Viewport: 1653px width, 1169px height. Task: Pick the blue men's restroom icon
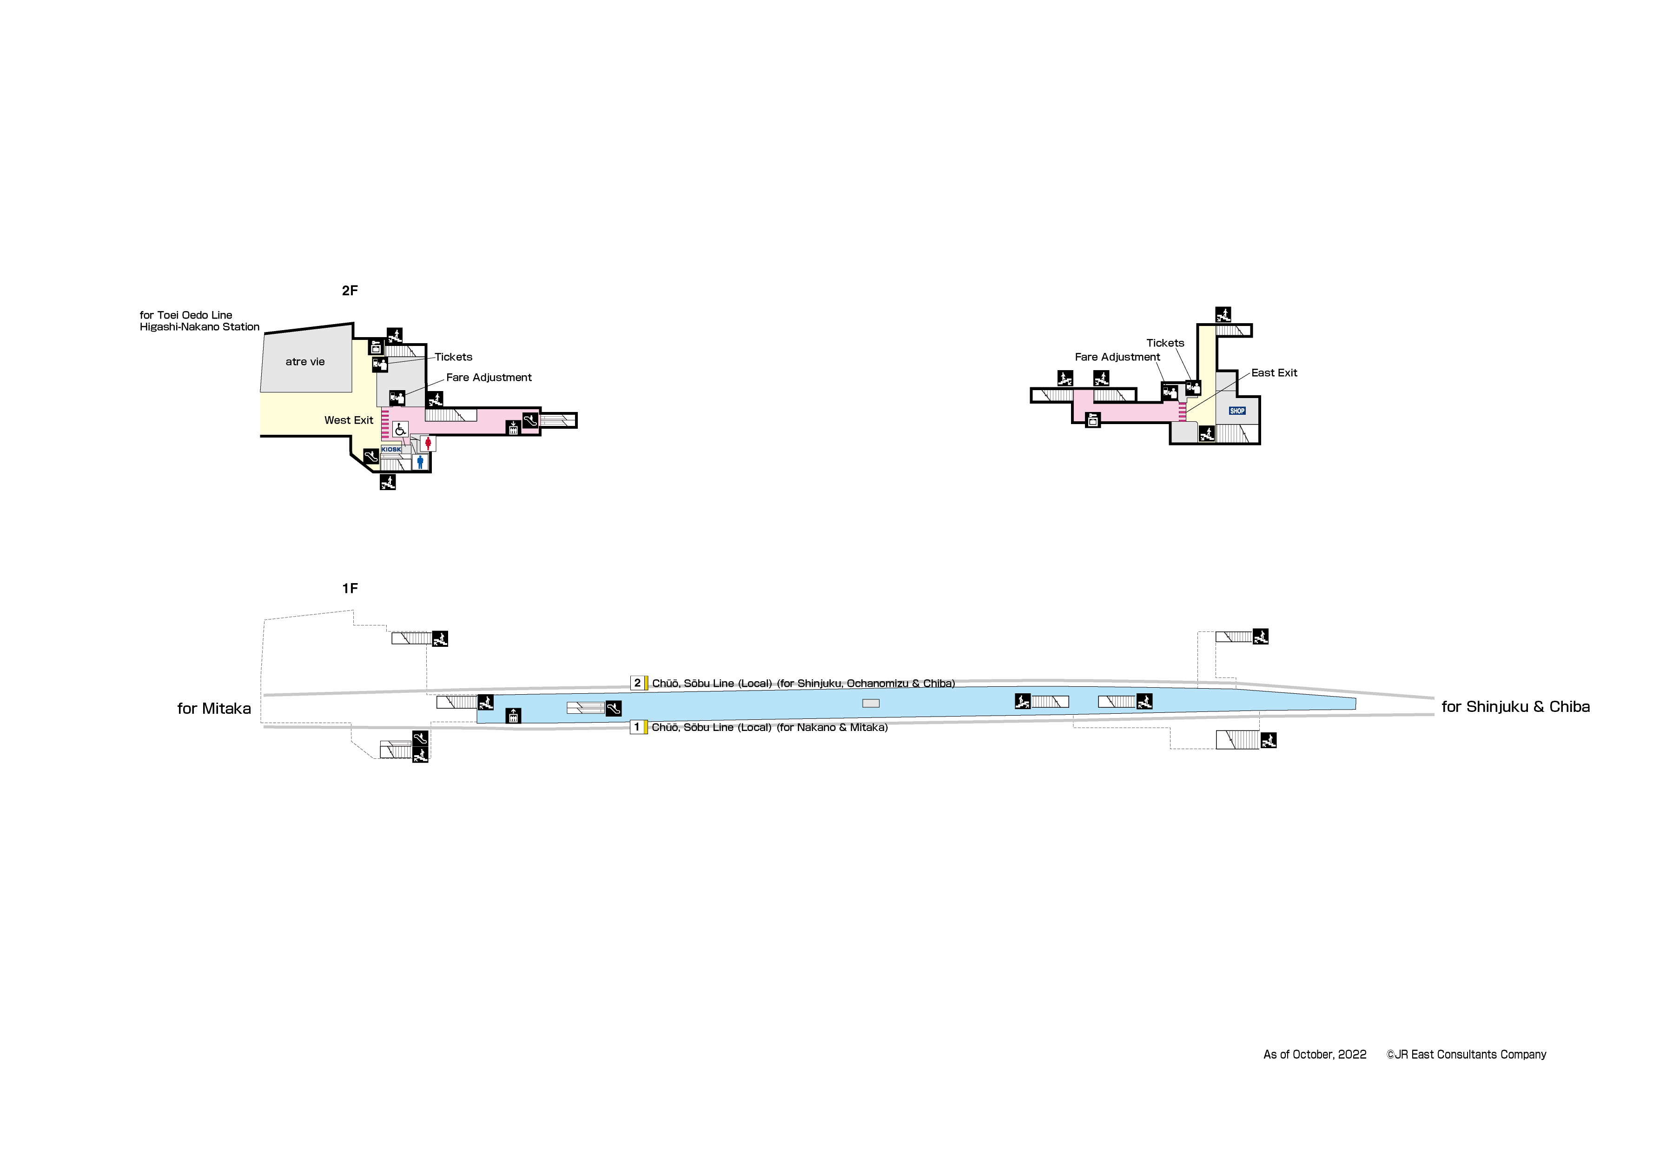pos(420,462)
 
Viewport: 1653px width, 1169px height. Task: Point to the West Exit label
pos(349,420)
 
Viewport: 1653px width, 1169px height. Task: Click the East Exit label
pos(1274,372)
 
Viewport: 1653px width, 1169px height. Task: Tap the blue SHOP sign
pos(1237,411)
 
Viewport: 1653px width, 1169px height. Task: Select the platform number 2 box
pos(637,683)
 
